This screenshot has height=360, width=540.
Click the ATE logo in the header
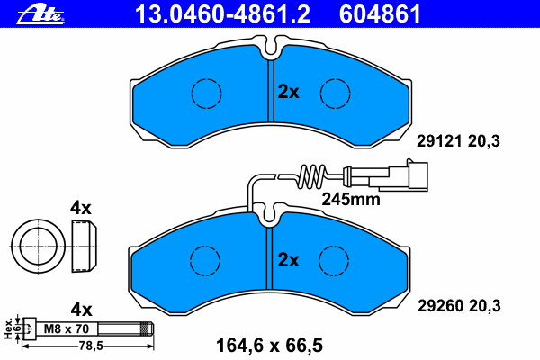click(x=40, y=14)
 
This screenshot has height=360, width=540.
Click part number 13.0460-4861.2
click(x=222, y=14)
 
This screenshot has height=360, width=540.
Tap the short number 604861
click(x=380, y=14)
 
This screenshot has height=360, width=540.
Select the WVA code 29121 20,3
click(x=458, y=141)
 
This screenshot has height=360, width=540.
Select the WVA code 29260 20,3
click(x=459, y=306)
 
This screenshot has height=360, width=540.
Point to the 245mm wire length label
click(x=351, y=200)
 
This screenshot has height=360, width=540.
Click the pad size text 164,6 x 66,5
click(x=269, y=346)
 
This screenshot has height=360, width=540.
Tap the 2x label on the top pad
click(x=289, y=92)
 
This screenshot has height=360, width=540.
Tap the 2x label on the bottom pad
click(x=289, y=260)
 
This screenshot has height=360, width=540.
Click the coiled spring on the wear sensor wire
click(x=312, y=176)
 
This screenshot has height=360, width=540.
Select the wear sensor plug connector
click(x=408, y=176)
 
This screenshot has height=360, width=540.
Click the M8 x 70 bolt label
click(x=67, y=329)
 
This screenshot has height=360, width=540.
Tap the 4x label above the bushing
click(x=81, y=208)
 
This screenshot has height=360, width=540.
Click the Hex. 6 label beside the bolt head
click(x=12, y=328)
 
